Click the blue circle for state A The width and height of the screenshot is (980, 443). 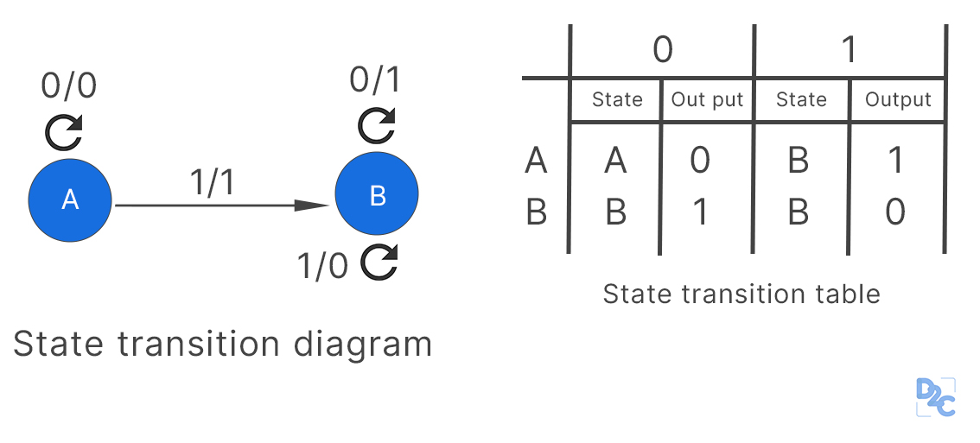(70, 199)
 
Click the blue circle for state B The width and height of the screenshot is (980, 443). (377, 195)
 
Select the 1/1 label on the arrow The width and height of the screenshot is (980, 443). (212, 183)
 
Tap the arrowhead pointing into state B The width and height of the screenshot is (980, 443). (313, 206)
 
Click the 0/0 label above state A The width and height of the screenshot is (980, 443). (69, 86)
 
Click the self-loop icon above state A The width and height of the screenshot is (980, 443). (64, 132)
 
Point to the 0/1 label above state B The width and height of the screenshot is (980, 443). (376, 80)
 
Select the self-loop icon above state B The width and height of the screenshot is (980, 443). (378, 125)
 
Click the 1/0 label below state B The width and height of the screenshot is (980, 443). (322, 267)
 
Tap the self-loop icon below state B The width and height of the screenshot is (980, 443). (379, 263)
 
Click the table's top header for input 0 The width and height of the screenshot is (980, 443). (662, 50)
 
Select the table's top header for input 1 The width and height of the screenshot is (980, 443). (850, 50)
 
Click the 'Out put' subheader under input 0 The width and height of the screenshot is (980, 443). (707, 100)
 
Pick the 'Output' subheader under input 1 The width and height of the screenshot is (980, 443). (898, 100)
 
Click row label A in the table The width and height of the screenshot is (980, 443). (536, 161)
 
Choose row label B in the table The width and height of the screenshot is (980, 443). (536, 212)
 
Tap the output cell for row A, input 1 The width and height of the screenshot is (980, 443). (896, 161)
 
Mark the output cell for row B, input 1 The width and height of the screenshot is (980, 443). (896, 212)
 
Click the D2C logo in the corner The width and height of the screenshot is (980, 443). (934, 398)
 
